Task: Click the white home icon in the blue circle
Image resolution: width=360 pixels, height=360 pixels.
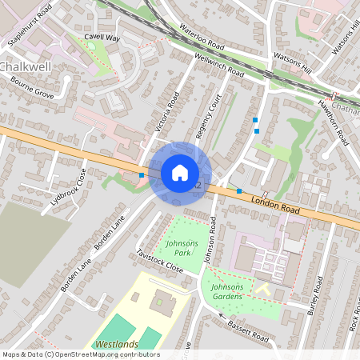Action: (x=179, y=172)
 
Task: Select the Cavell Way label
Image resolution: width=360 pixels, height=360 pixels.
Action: (x=103, y=38)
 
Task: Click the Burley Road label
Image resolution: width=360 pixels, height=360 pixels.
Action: (x=314, y=295)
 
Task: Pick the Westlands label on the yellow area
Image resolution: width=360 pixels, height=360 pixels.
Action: (x=116, y=345)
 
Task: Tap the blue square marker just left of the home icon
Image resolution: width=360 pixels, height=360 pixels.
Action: (x=142, y=174)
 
